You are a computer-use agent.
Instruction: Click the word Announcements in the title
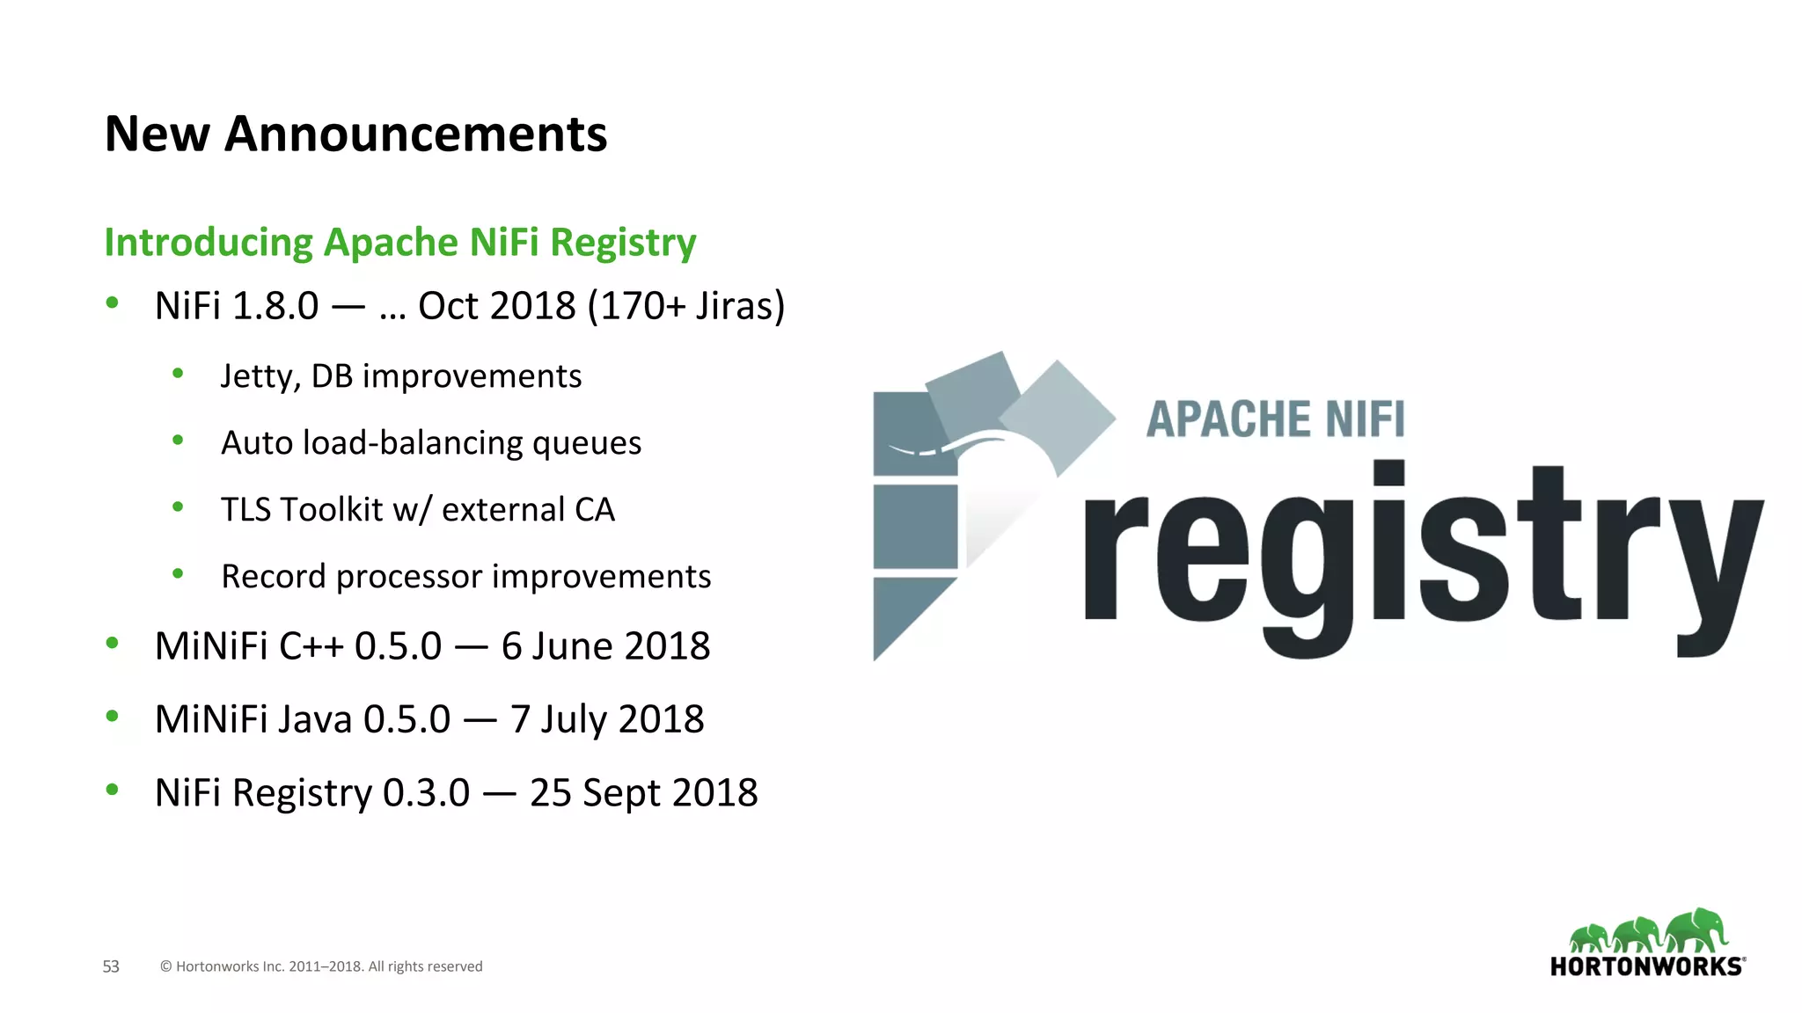pos(415,135)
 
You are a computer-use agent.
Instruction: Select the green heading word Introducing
pos(209,243)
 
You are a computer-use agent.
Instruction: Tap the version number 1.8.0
pos(276,306)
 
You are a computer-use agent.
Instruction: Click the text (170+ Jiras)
pos(685,306)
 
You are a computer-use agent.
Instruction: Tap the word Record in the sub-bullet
pos(274,577)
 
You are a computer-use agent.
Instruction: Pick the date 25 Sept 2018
pos(643,793)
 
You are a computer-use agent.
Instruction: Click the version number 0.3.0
pos(426,793)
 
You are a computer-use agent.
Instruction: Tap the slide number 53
pos(111,966)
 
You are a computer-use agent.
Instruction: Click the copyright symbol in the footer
pos(165,966)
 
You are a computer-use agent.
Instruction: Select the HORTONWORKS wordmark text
pos(1646,967)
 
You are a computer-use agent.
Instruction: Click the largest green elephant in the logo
pos(1697,930)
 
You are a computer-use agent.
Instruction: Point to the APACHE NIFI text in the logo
pos(1275,419)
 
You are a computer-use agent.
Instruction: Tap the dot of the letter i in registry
pos(1388,474)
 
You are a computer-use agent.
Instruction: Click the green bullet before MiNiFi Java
pos(112,717)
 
